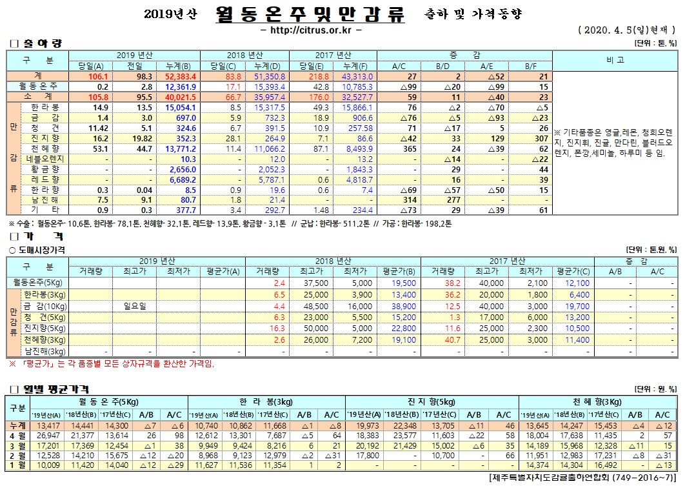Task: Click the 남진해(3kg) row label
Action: tap(45, 351)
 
